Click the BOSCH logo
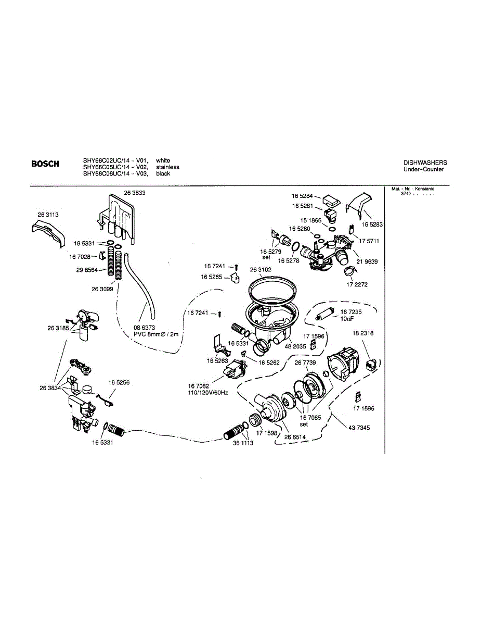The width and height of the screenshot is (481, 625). coord(45,164)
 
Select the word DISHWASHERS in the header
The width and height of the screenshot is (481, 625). coord(425,163)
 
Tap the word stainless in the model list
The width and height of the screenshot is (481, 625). coord(167,167)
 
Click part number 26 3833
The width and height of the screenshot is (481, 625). coord(134,193)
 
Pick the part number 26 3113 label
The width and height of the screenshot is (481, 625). coord(48,215)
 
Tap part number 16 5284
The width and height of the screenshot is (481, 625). coord(302,196)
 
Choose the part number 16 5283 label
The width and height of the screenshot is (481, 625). coord(372,224)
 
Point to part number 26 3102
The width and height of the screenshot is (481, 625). coord(261,270)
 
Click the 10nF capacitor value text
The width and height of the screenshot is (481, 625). coord(347,318)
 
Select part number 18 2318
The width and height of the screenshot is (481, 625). coord(363,333)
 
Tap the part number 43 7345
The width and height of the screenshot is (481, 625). coord(359,428)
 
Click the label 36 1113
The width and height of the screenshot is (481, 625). coord(243,443)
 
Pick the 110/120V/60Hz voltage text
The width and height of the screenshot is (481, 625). coord(208,392)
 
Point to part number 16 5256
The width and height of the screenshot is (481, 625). coord(119,382)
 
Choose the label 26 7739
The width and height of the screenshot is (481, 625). coord(306,362)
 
